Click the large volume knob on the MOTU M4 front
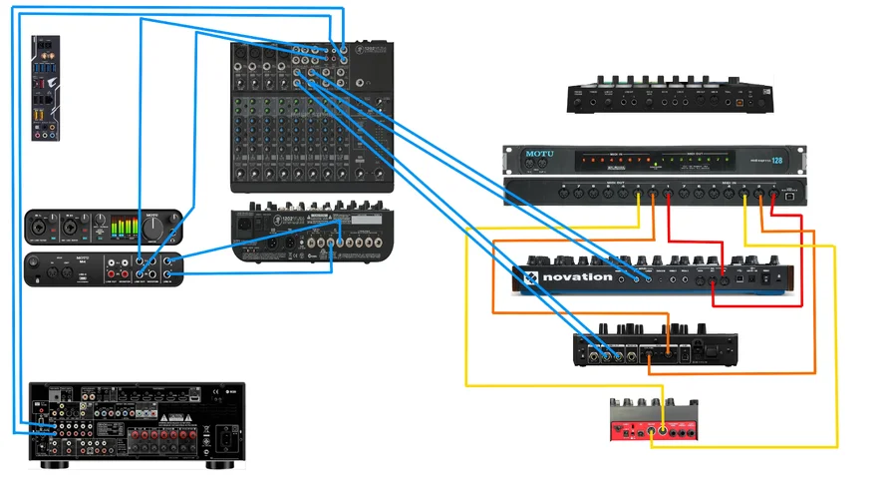click(153, 228)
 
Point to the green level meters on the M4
click(123, 229)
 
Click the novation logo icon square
click(531, 277)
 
